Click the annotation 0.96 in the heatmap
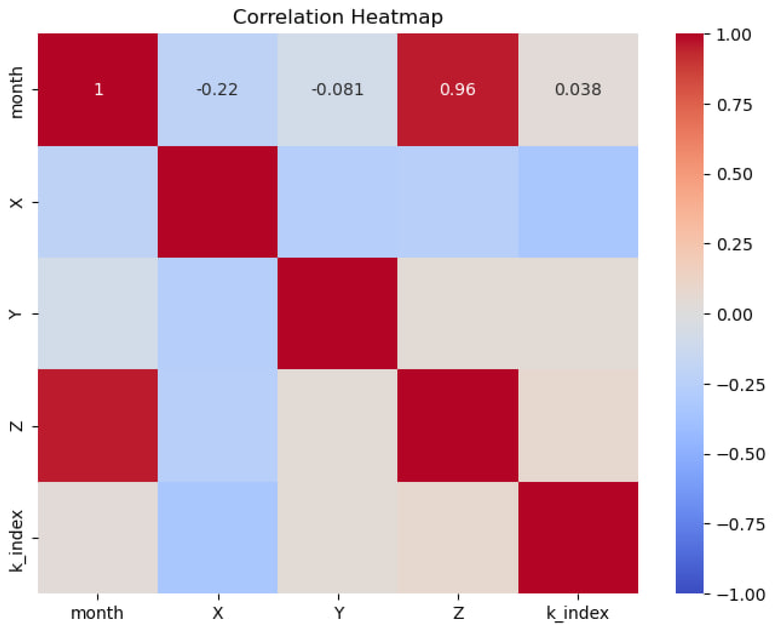(457, 89)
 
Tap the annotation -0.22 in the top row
(217, 89)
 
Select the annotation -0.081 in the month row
(337, 89)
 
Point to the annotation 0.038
(578, 89)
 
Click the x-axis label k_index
(577, 613)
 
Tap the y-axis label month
(16, 93)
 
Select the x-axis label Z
(458, 613)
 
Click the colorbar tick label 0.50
(734, 175)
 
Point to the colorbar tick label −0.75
(741, 525)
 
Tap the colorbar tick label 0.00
(734, 314)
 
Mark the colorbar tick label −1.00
(741, 595)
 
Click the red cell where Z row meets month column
(98, 425)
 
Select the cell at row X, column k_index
(578, 202)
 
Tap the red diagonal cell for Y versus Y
(337, 313)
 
